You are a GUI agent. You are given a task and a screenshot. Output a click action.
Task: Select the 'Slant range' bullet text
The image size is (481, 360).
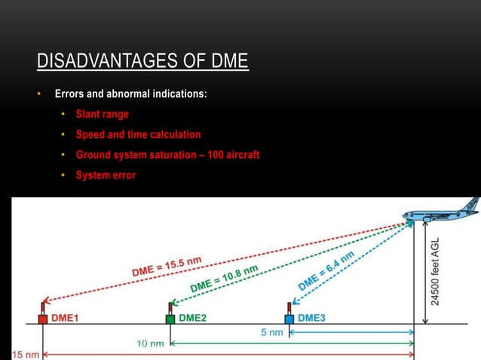click(x=102, y=114)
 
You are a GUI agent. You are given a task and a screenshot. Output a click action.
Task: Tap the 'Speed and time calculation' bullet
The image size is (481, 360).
click(x=138, y=135)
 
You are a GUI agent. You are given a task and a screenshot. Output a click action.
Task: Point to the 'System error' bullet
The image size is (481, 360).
click(x=106, y=175)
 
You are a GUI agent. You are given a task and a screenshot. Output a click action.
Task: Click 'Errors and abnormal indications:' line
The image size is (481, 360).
click(x=130, y=95)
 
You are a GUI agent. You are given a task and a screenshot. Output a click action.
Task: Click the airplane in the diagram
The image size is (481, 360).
click(x=441, y=212)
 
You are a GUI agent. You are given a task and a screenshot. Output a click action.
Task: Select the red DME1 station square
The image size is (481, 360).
click(x=42, y=319)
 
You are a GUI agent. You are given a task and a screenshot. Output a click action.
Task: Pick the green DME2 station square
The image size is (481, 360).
click(x=170, y=319)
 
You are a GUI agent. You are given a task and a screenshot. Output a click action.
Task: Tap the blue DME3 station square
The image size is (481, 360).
click(x=288, y=319)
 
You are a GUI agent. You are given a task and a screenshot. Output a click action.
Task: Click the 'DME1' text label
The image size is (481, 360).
click(x=66, y=319)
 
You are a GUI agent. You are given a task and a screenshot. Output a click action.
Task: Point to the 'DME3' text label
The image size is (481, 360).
click(x=311, y=319)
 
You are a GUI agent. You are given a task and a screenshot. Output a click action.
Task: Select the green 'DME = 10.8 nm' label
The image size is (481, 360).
click(x=225, y=279)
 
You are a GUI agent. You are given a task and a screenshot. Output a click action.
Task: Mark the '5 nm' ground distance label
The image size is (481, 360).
click(x=271, y=332)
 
